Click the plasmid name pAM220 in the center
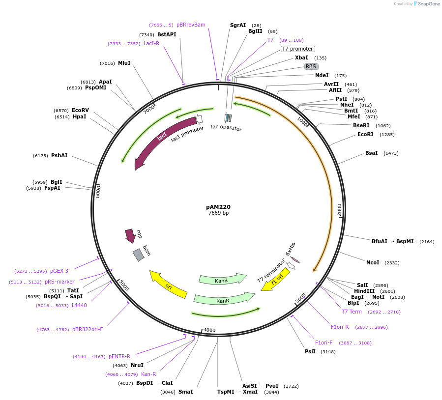[218, 207]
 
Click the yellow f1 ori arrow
[276, 279]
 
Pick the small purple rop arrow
[130, 235]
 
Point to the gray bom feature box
[139, 255]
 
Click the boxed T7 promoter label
[297, 49]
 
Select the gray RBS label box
[311, 66]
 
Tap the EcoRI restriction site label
[365, 134]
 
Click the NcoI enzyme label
[373, 262]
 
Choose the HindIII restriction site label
[364, 291]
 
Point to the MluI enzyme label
[124, 63]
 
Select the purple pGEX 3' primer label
[60, 271]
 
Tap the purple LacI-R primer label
[151, 43]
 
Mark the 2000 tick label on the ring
[339, 210]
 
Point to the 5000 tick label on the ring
[123, 286]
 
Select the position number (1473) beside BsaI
[391, 153]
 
